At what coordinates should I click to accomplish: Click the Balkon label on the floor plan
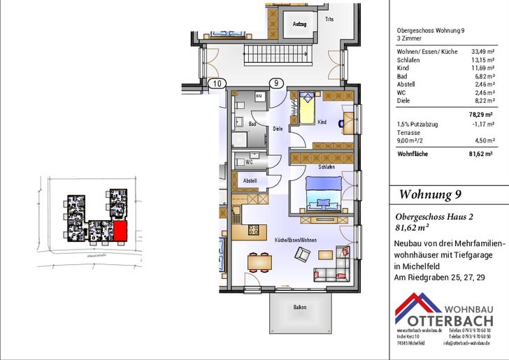coord(300,307)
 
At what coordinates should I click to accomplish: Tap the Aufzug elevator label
coord(300,24)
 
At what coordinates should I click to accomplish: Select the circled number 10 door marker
coord(217,83)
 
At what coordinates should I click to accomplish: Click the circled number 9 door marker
coord(276,83)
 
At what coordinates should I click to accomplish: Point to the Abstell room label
coord(250,180)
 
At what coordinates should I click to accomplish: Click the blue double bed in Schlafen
coord(323,194)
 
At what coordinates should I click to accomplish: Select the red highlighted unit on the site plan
coord(121,231)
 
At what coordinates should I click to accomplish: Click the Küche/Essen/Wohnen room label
coord(295,240)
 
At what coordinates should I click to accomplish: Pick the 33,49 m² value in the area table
coord(482,51)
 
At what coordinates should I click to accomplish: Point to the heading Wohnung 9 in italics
coord(429,194)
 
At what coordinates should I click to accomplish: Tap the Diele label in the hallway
coord(278,129)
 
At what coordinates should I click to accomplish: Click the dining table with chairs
coord(260,261)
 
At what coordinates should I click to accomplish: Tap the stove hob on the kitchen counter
coord(252,230)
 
